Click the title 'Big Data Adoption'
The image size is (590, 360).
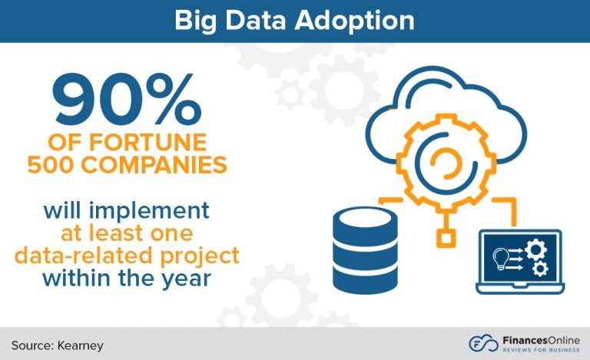(295, 21)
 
